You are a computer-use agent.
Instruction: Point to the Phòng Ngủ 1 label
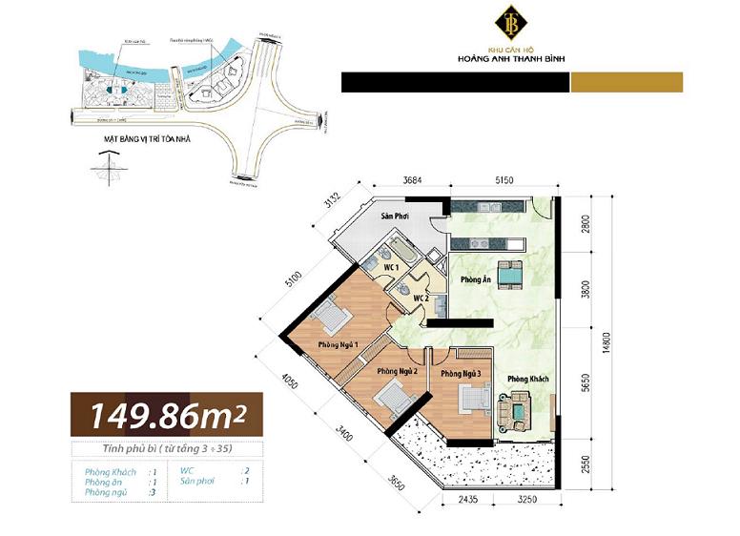[x=339, y=344]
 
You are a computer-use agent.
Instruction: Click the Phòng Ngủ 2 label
[x=398, y=370]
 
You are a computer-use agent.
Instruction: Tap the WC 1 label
[x=391, y=268]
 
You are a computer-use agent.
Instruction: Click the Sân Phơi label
[x=395, y=217]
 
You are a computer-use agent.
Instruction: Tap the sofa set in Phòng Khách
[x=516, y=411]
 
